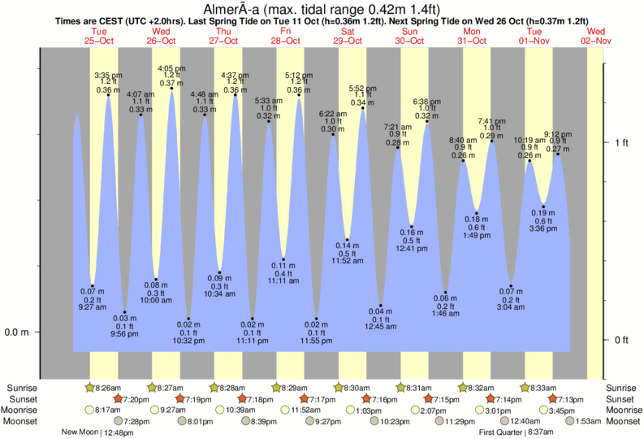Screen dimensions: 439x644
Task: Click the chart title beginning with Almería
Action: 322,9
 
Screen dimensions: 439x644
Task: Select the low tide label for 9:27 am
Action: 92,298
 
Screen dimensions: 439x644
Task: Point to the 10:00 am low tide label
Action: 155,292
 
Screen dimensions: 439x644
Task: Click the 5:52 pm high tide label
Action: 362,95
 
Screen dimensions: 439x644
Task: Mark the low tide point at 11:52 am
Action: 348,240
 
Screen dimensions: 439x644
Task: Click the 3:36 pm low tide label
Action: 543,220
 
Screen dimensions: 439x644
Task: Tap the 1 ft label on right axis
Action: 621,144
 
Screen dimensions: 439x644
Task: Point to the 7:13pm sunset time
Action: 569,399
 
